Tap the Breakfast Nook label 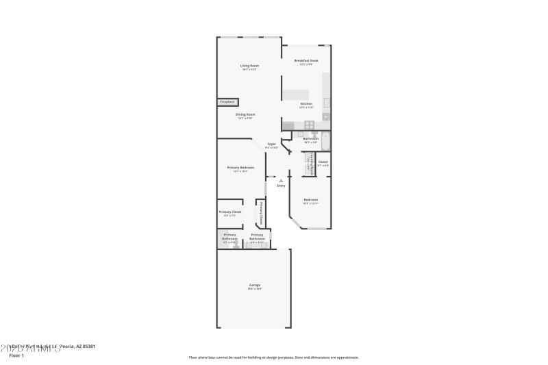[x=306, y=61]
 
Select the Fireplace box [x=227, y=102]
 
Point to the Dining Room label [x=245, y=114]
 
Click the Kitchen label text [x=306, y=104]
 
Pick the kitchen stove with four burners [x=309, y=125]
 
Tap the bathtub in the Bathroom [x=326, y=142]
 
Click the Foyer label [x=272, y=144]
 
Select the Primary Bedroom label [x=240, y=168]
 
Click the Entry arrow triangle [x=281, y=180]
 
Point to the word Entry [x=281, y=186]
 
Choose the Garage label [x=254, y=285]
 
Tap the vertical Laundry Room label [x=310, y=165]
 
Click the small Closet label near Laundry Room [x=323, y=162]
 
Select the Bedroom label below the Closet [x=311, y=200]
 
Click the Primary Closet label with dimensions [x=229, y=212]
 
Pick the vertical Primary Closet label [x=261, y=213]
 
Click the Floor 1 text [x=16, y=355]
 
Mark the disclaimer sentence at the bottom [x=273, y=357]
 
